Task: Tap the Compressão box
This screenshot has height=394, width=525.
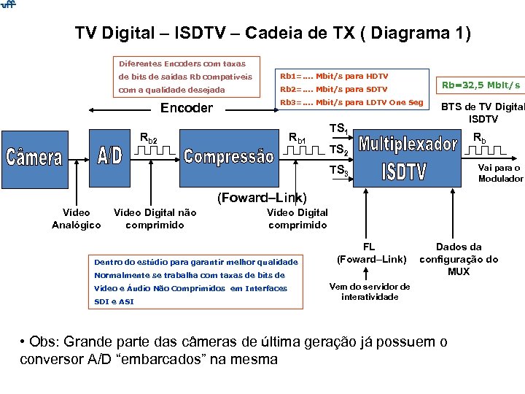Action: (x=229, y=156)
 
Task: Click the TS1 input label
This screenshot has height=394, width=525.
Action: (x=338, y=129)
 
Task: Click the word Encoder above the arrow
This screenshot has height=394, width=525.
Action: (x=186, y=109)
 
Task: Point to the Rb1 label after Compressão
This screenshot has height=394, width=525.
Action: (x=297, y=138)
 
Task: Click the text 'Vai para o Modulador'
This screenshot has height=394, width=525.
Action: (x=500, y=173)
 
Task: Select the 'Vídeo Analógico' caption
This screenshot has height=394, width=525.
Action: (x=77, y=219)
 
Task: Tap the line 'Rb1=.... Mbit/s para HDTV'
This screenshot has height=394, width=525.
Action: (x=334, y=76)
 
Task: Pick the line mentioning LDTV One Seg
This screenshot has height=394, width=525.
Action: (x=351, y=102)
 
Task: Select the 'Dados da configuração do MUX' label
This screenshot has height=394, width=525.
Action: (x=459, y=259)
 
